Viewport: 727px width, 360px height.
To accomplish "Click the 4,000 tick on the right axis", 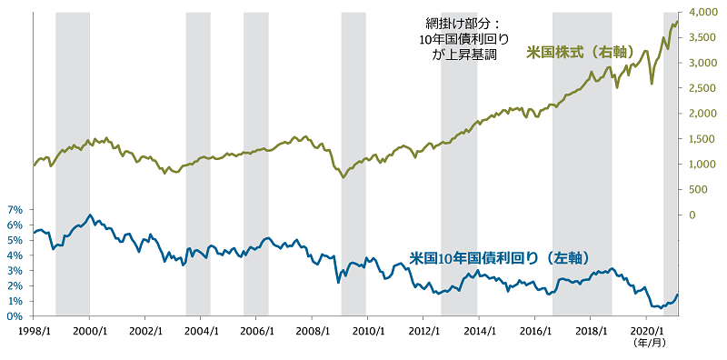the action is pyautogui.click(x=704, y=12).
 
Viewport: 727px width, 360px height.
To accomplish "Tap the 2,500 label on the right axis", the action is pyautogui.click(x=704, y=88).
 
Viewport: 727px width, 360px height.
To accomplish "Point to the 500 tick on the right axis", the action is pyautogui.click(x=698, y=189).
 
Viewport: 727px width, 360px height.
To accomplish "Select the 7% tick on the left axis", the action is pyautogui.click(x=15, y=210).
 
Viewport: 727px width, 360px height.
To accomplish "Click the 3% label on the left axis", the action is pyautogui.click(x=15, y=271).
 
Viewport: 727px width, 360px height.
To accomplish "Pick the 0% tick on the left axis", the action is pyautogui.click(x=15, y=316).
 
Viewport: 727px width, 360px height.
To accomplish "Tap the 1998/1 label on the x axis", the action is pyautogui.click(x=34, y=332).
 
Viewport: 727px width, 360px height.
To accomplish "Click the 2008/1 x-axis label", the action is pyautogui.click(x=312, y=332).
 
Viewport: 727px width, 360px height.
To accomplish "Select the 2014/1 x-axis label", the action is pyautogui.click(x=479, y=332).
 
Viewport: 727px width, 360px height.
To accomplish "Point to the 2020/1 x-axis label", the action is pyautogui.click(x=646, y=332).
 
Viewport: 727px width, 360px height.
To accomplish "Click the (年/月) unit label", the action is pyautogui.click(x=646, y=343).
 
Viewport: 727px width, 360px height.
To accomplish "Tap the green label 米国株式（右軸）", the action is pyautogui.click(x=580, y=53).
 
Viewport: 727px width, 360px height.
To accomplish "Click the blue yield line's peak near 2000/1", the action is pyautogui.click(x=90, y=215).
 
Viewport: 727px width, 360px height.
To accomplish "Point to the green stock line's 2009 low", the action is pyautogui.click(x=344, y=176).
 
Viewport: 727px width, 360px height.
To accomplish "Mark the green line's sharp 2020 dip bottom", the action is pyautogui.click(x=652, y=84).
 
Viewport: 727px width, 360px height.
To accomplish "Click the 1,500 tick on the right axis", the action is pyautogui.click(x=704, y=139).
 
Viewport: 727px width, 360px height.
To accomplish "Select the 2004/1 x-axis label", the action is pyautogui.click(x=200, y=332).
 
